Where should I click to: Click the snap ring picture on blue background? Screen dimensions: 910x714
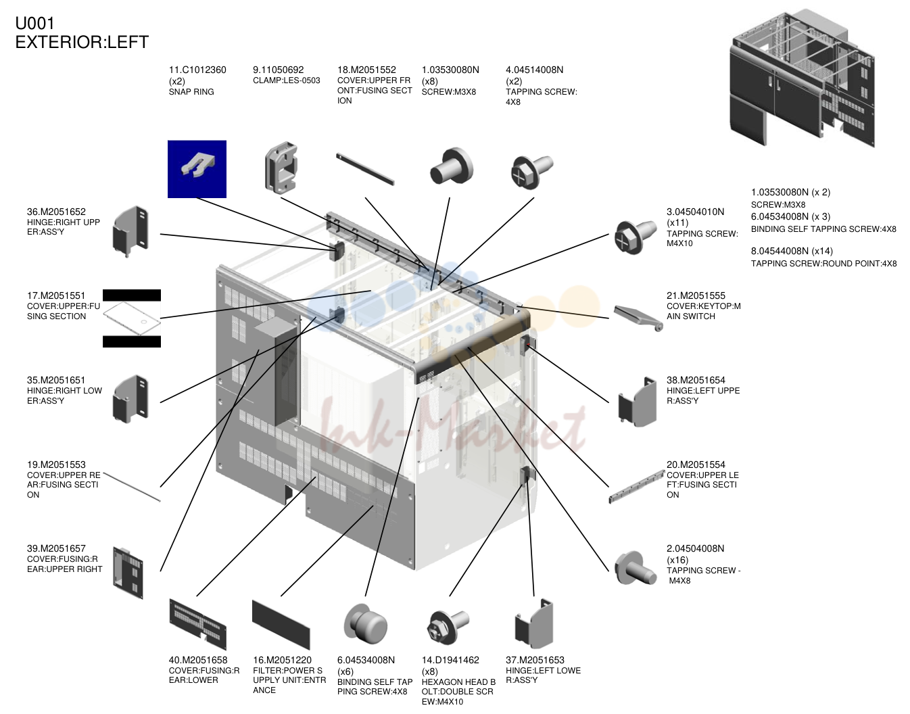(x=197, y=169)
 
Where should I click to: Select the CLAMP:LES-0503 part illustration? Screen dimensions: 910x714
(x=281, y=168)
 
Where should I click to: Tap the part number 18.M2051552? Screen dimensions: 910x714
(x=366, y=70)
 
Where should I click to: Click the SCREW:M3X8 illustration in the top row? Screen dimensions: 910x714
(x=452, y=166)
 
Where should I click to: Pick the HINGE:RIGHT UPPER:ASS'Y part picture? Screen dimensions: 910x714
(x=130, y=231)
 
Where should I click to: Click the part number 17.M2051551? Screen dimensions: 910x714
(x=56, y=295)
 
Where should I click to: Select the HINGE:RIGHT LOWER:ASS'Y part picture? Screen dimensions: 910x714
(x=130, y=399)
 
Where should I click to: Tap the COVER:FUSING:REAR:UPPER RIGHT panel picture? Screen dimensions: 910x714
(x=128, y=573)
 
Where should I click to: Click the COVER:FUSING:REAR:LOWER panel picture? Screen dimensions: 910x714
(x=197, y=624)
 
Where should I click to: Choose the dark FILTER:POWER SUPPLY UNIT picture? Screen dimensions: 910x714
(x=281, y=624)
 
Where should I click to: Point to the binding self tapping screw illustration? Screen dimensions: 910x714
(x=365, y=625)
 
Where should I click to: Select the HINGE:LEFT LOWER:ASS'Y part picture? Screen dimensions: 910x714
(x=534, y=624)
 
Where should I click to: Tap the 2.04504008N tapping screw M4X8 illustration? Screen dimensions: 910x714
(x=635, y=568)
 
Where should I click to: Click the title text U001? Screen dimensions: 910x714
(x=34, y=24)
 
